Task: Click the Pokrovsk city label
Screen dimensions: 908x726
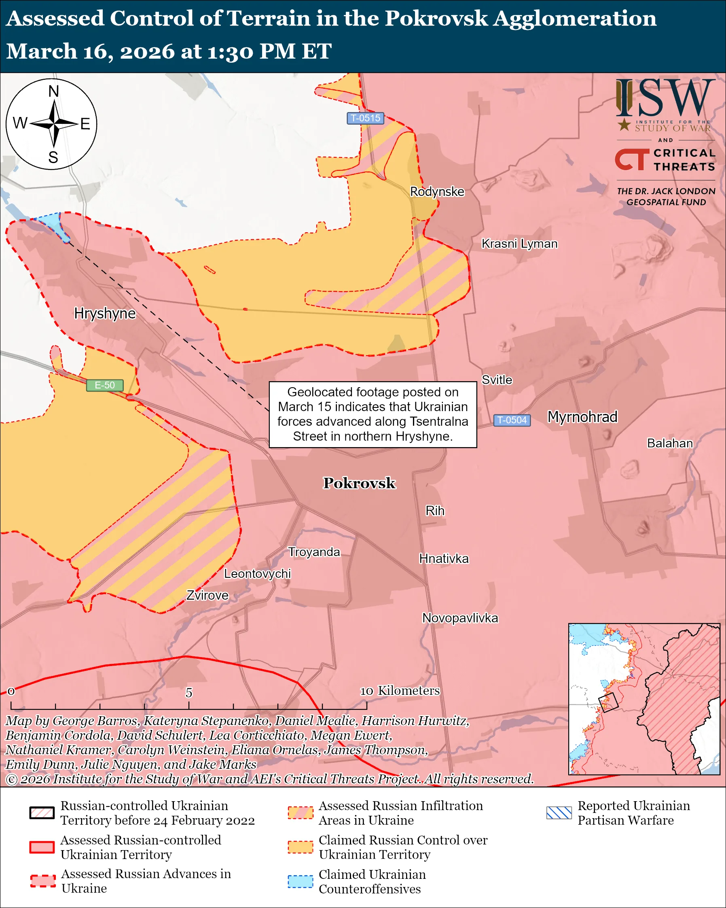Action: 359,483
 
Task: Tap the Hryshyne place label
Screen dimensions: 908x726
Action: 105,313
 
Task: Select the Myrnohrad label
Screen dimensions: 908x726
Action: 582,416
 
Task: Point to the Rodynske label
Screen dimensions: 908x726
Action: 437,192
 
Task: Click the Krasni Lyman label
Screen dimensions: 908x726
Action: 519,244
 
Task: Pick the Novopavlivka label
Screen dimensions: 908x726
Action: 460,618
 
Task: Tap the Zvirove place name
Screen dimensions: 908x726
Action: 207,595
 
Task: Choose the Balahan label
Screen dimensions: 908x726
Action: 670,443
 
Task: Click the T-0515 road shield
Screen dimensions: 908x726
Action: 365,118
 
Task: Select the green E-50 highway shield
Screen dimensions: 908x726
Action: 105,385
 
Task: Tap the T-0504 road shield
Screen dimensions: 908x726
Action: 512,420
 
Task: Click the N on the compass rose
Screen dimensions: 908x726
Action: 53,91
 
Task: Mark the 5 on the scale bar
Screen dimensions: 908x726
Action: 189,692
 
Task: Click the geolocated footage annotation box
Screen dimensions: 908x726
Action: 373,414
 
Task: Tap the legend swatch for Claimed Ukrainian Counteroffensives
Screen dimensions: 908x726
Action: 300,881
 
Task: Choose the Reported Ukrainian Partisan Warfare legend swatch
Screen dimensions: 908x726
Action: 559,813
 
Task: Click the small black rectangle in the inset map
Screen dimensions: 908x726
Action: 608,702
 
